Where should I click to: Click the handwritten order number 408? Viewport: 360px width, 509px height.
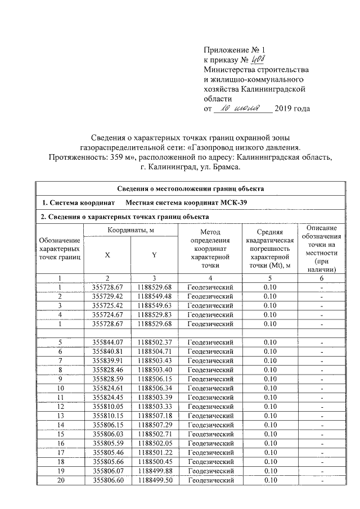click(x=256, y=60)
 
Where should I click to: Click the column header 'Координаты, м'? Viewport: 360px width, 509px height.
click(x=130, y=230)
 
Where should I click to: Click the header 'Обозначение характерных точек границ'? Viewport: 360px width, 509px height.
click(x=60, y=249)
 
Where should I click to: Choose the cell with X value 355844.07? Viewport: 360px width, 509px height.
click(x=107, y=342)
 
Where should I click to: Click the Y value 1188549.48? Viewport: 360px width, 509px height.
click(x=154, y=296)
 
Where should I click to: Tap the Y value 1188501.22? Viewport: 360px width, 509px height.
click(x=154, y=452)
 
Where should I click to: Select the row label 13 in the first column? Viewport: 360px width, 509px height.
click(x=60, y=416)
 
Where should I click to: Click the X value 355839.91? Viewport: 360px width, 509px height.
click(x=107, y=361)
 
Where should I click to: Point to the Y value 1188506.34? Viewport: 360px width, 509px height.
click(x=154, y=388)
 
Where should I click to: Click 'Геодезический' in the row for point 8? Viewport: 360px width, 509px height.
click(x=210, y=370)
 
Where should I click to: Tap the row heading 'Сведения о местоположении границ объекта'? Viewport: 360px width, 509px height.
click(x=190, y=188)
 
